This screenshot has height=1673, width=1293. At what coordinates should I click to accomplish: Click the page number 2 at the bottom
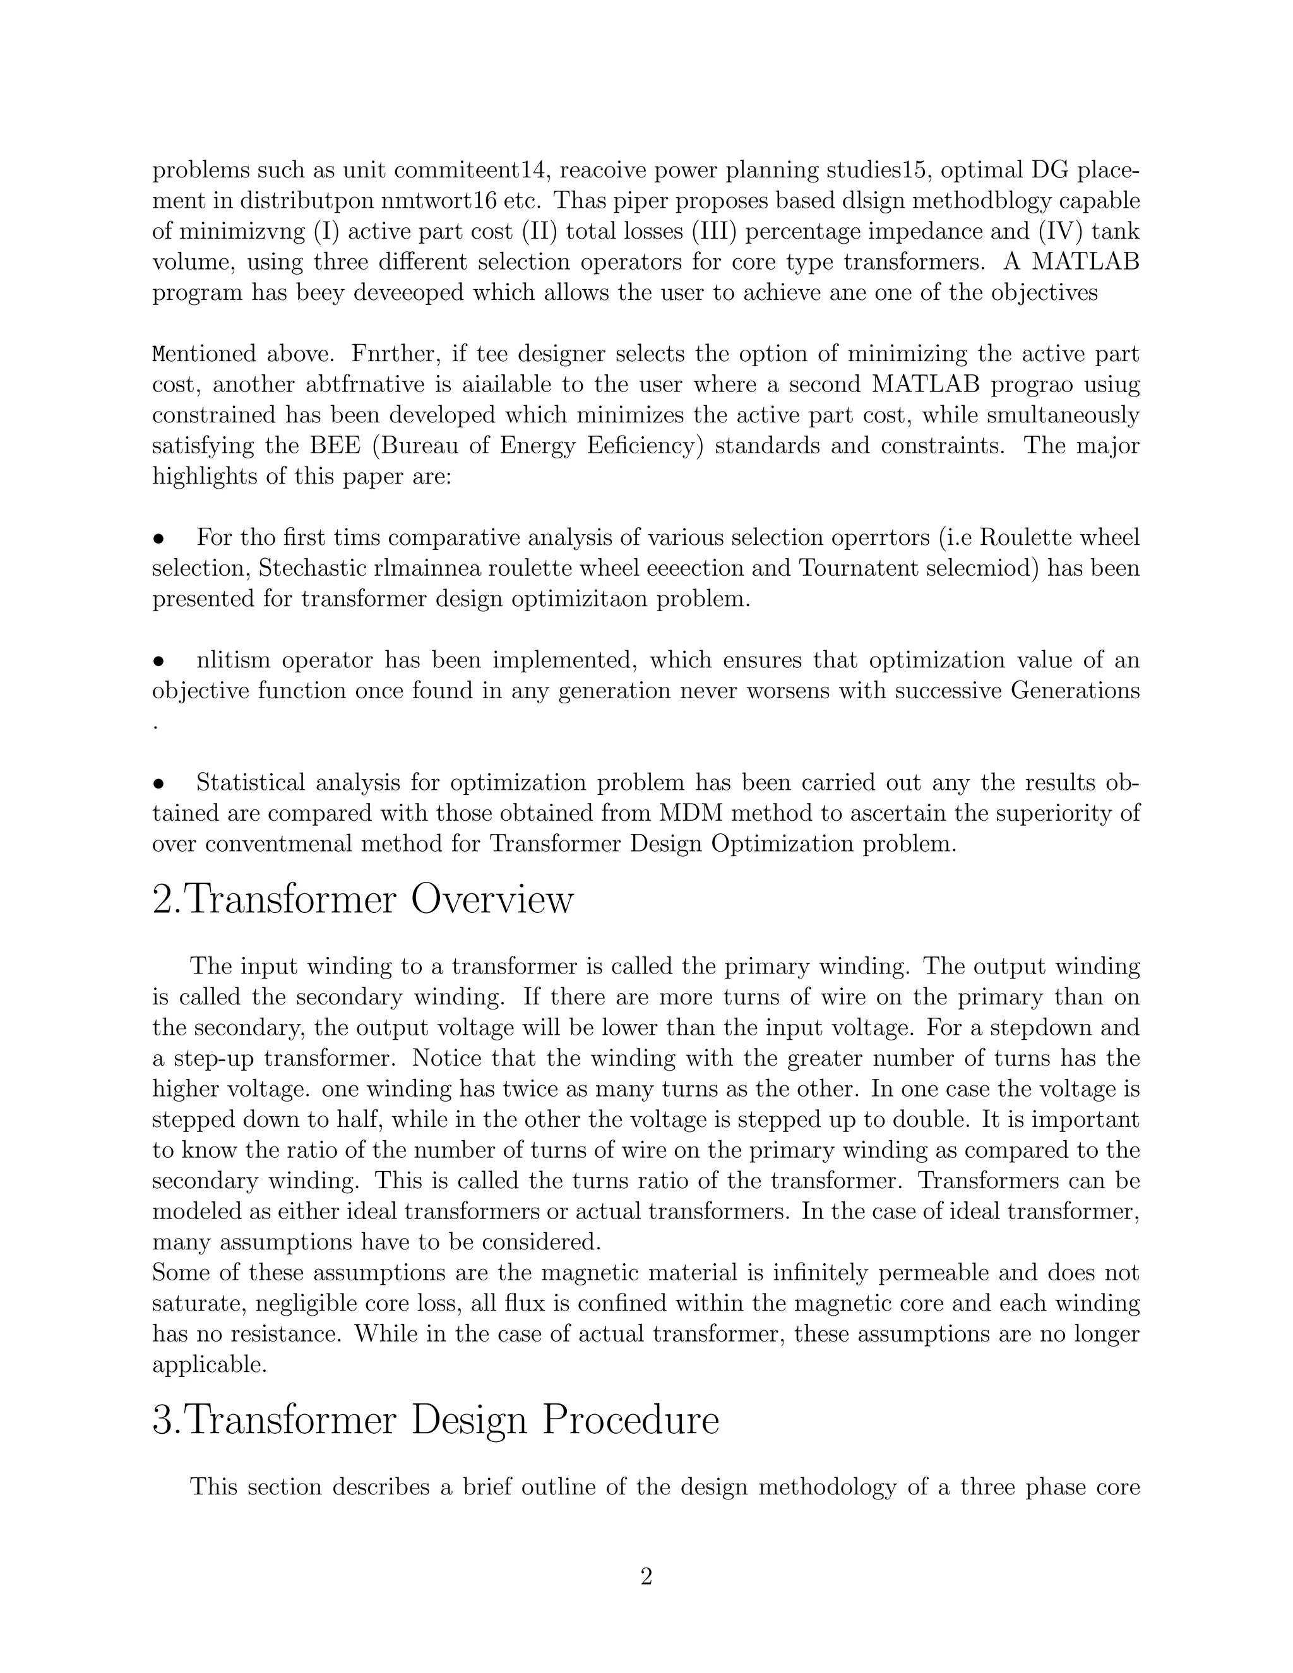tap(646, 1576)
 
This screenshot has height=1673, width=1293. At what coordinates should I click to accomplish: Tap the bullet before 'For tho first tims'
tap(158, 539)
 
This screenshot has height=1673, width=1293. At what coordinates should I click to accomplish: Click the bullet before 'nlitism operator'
tap(158, 661)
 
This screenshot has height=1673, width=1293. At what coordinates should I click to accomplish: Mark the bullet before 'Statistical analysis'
tap(158, 783)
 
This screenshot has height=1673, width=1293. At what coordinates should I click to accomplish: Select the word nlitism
tap(233, 660)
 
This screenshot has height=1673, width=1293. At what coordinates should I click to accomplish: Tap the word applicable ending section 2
tap(209, 1365)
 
